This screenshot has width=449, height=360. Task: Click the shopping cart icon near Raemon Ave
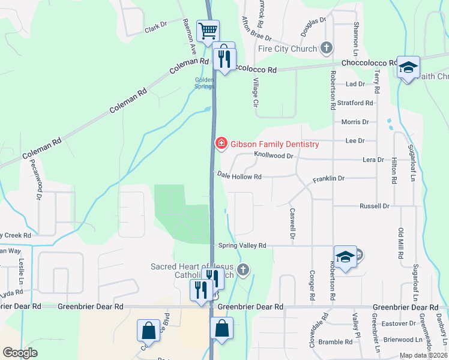click(x=208, y=30)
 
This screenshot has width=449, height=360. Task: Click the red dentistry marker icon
click(x=221, y=143)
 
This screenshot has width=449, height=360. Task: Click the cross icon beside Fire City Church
click(x=327, y=47)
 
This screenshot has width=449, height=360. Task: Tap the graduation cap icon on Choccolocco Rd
click(x=408, y=67)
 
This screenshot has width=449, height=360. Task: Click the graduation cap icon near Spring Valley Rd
click(x=345, y=257)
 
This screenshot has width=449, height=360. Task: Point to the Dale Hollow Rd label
click(x=239, y=177)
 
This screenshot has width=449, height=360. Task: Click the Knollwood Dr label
click(x=273, y=155)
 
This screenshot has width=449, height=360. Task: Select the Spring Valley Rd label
click(x=242, y=245)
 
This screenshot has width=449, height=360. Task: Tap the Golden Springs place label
click(x=204, y=83)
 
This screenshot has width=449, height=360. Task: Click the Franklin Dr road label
click(x=328, y=179)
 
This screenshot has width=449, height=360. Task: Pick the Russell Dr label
click(x=374, y=206)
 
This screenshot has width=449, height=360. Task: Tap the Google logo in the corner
click(x=20, y=353)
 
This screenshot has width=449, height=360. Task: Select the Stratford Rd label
click(x=354, y=103)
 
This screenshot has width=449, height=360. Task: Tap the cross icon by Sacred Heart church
click(x=243, y=269)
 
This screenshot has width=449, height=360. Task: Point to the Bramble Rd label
click(x=336, y=342)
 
